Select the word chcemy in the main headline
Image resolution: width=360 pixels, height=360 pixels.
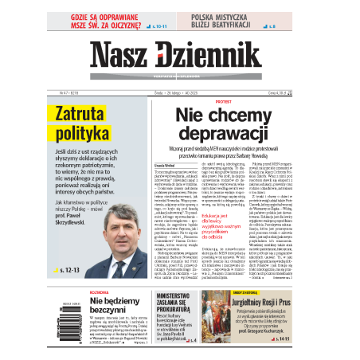248,115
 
